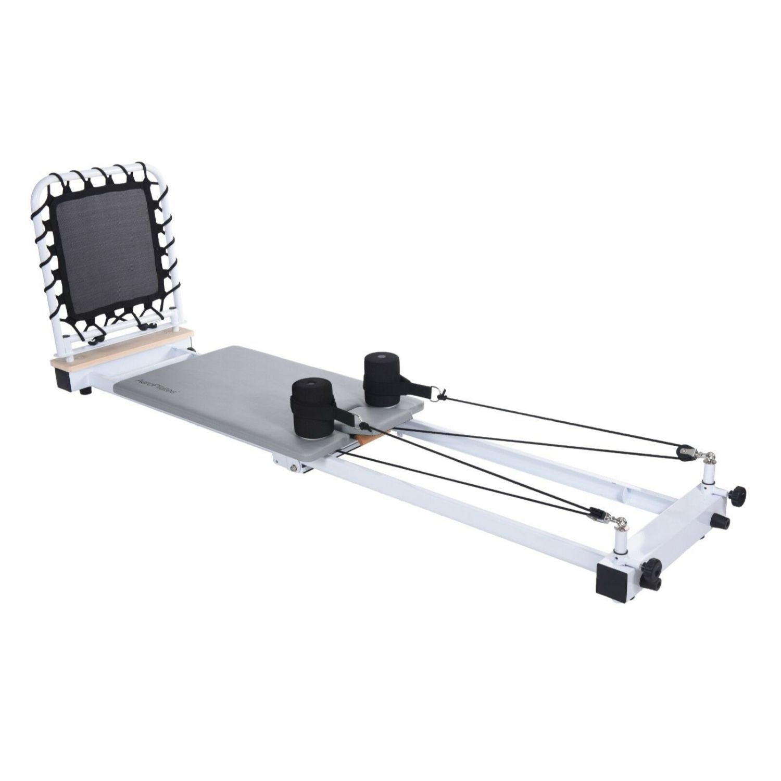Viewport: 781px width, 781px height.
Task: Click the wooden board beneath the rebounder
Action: click(122, 348)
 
